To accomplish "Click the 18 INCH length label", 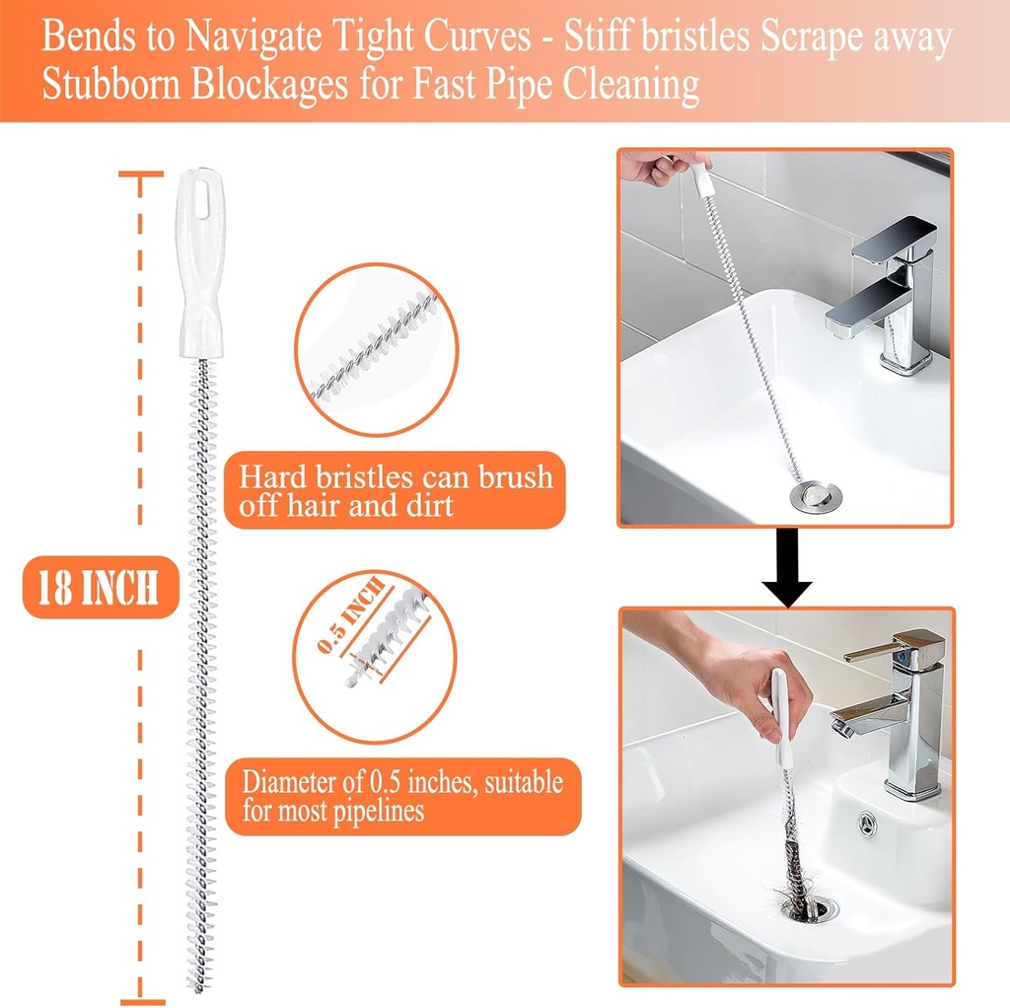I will (99, 589).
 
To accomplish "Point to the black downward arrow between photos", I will (786, 566).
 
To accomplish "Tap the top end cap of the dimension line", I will (141, 175).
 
